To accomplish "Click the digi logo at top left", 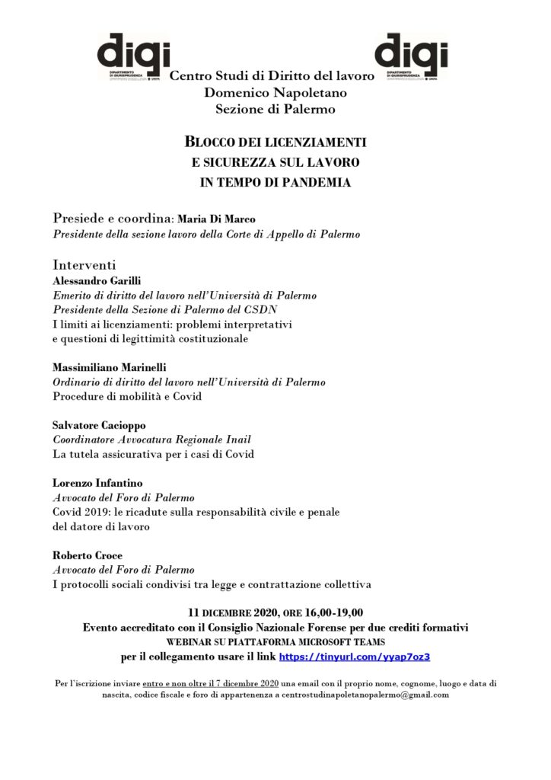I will click(x=134, y=55).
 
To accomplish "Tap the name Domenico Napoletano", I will click(x=275, y=93).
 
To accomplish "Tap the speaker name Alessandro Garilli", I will click(x=97, y=280).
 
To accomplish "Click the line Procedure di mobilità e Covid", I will click(x=127, y=396).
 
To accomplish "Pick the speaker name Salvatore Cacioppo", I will click(x=98, y=425).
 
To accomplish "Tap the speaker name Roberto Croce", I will click(x=87, y=555).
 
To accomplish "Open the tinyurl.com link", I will click(x=360, y=656).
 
